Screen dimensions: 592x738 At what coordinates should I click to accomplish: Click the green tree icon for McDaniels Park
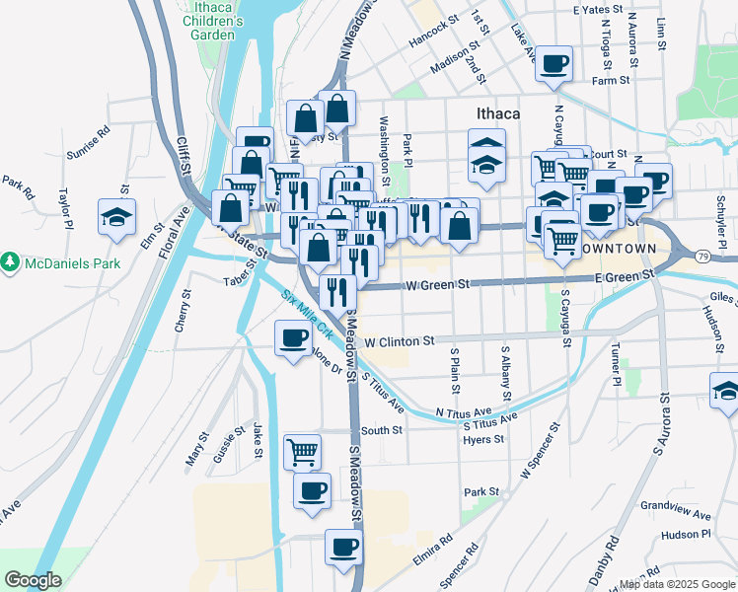[x=10, y=262]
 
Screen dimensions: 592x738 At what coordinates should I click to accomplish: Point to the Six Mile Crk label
[x=302, y=311]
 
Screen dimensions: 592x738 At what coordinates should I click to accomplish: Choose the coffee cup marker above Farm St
[x=554, y=63]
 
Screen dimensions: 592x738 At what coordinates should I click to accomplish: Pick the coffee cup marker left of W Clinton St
[x=292, y=338]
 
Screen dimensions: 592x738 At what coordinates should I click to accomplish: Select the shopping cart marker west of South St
[x=302, y=452]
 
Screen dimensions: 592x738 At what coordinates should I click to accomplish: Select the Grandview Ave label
[x=675, y=514]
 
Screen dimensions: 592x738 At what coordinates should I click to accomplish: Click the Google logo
[x=33, y=580]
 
